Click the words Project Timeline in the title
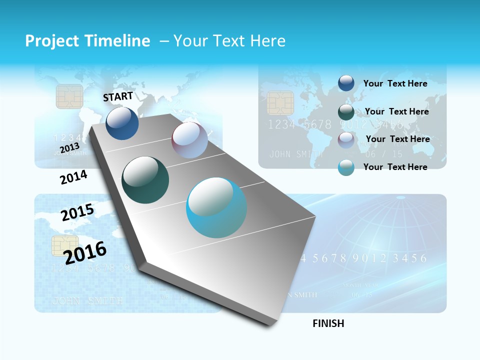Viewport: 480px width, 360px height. click(87, 41)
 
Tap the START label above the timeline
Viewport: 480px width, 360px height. click(118, 96)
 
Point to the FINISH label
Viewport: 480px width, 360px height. click(328, 323)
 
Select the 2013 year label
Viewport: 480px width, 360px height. click(69, 148)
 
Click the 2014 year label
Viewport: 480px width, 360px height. click(73, 177)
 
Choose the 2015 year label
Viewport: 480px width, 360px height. click(77, 212)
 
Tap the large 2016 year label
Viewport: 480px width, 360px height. click(85, 252)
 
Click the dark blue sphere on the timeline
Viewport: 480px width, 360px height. click(122, 123)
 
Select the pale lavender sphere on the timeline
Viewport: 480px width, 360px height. click(189, 140)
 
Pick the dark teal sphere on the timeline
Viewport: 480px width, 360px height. click(145, 180)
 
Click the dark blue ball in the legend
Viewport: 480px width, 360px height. click(346, 83)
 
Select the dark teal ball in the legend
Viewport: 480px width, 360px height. click(346, 112)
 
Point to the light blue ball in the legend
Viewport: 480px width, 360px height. click(346, 167)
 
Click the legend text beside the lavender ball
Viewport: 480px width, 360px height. click(397, 139)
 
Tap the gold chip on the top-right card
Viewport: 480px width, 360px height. click(279, 103)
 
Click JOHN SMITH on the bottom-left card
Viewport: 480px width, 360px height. click(87, 300)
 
